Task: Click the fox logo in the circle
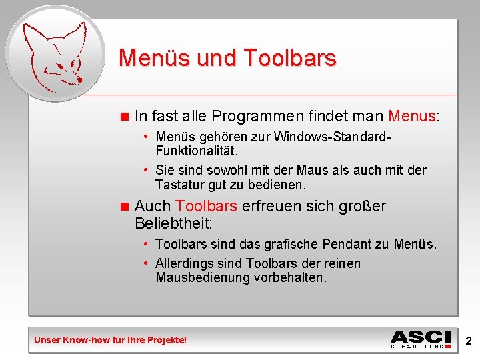53,53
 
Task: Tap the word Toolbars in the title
290,59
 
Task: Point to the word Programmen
255,117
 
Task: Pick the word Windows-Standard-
331,137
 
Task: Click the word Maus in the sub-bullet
312,171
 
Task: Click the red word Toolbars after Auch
206,207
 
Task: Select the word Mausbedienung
203,277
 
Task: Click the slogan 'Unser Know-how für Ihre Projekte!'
111,341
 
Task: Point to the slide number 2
468,341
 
